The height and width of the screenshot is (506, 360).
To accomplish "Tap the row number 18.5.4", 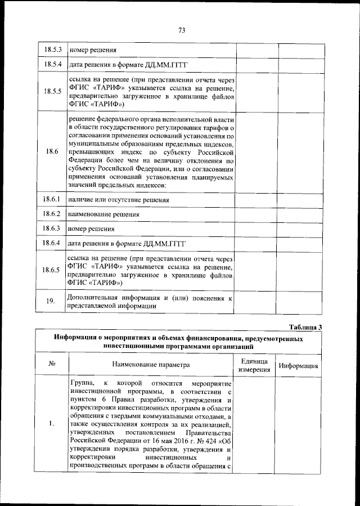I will coord(52,65).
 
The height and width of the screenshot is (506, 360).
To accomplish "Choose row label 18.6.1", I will coord(52,200).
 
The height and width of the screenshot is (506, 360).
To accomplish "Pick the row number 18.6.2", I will coord(52,214).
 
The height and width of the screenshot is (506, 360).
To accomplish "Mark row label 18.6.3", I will coord(52,229).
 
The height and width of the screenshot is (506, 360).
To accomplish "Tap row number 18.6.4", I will coord(52,243).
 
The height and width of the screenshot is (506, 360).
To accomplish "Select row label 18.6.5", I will coord(52,270).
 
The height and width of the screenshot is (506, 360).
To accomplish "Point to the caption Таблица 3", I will coord(305,327).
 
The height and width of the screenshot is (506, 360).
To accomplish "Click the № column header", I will coord(51,365).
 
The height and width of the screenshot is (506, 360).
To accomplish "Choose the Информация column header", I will coord(299,366).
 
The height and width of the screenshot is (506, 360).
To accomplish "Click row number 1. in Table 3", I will coord(51,423).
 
